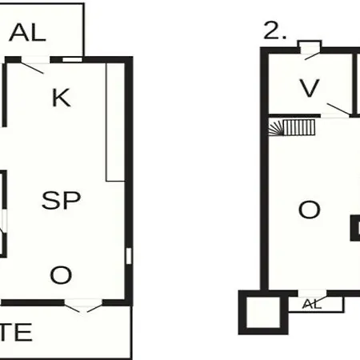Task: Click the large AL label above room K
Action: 27,33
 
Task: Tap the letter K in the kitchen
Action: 62,98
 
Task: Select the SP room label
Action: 62,200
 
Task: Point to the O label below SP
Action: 61,275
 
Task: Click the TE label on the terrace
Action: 16,332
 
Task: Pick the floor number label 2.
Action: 274,30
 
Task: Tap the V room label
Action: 310,88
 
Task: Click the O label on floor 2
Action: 310,210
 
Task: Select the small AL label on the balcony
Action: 312,304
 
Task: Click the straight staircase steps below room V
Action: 299,127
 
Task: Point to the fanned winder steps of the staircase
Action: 275,127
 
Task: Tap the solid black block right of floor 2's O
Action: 355,228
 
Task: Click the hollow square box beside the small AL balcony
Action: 263,312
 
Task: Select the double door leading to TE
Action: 83,306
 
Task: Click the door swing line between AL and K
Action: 32,68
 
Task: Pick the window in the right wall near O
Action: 129,256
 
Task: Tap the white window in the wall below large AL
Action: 72,59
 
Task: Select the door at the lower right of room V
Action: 338,110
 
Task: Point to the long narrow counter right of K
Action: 115,122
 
